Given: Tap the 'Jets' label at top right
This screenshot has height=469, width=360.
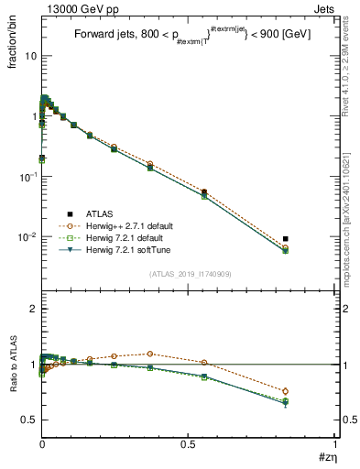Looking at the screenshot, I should [x=324, y=7].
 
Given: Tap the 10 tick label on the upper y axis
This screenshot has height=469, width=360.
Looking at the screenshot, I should [x=30, y=56].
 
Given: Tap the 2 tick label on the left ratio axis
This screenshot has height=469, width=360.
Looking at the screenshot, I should [x=32, y=310].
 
